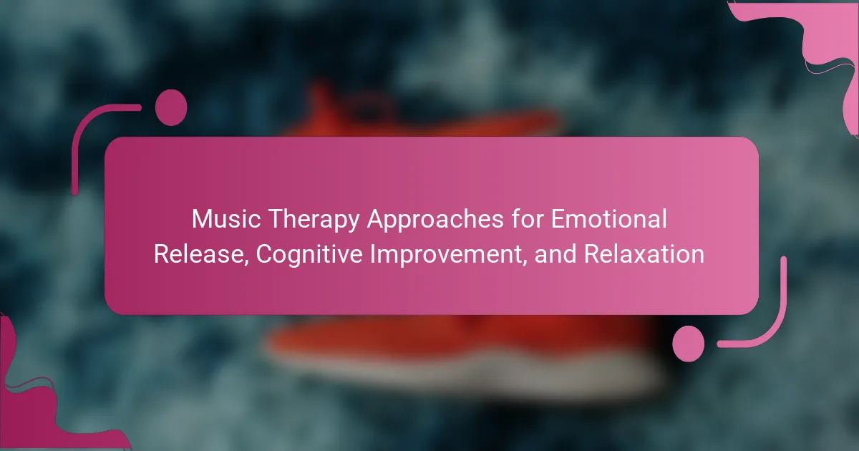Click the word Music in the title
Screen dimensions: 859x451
pos(226,219)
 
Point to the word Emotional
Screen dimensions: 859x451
pos(609,218)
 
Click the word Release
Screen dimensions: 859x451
pos(199,254)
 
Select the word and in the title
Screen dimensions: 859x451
pos(555,254)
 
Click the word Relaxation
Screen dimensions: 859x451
pos(644,254)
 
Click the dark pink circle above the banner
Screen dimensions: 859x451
pos(171,108)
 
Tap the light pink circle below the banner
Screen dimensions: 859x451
pos(689,344)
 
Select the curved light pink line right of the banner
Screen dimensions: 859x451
pos(775,326)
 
